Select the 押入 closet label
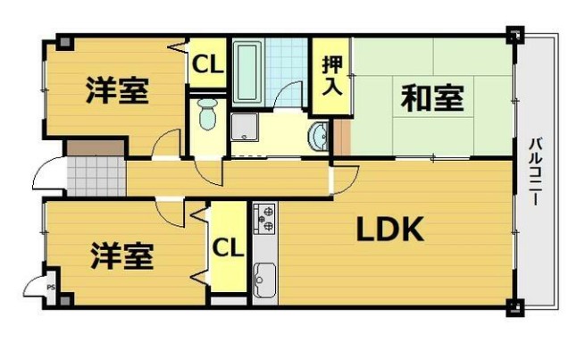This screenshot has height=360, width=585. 330,76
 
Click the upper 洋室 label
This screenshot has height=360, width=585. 117,91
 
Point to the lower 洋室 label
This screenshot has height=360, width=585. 121,256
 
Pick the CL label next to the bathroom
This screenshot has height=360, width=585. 207,64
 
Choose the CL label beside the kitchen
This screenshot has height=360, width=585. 229,247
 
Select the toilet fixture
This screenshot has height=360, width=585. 208,114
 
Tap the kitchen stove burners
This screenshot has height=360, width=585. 264,219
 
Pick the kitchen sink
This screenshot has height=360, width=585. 264,280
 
